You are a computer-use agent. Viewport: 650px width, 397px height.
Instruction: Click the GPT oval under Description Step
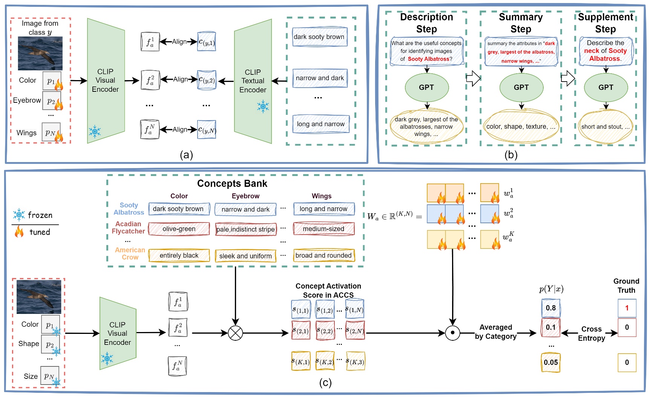click(426, 87)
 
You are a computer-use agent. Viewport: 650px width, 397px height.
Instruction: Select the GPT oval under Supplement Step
click(606, 87)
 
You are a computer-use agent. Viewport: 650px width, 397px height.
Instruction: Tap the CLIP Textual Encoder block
click(253, 81)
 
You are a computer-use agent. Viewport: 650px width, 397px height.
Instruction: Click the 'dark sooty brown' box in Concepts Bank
click(179, 209)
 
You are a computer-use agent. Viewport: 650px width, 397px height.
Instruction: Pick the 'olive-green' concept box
click(179, 229)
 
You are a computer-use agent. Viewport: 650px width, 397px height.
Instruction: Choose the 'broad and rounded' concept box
click(323, 255)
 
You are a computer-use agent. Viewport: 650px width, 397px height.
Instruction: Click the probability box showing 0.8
click(550, 308)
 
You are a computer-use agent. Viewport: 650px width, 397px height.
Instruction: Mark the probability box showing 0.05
click(550, 362)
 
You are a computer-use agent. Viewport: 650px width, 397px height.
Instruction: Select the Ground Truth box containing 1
click(627, 308)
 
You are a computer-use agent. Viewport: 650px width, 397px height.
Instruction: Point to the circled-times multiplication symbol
click(235, 333)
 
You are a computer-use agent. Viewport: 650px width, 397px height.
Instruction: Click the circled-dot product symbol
click(452, 333)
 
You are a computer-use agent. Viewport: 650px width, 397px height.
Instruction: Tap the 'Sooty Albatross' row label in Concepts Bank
click(129, 209)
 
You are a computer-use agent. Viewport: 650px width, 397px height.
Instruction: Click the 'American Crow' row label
click(130, 253)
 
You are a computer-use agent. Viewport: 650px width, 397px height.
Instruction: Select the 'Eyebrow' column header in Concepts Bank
click(245, 196)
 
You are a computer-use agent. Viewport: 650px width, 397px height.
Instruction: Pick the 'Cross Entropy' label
click(591, 334)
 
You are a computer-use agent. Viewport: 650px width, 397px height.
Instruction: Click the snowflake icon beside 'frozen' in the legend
click(19, 215)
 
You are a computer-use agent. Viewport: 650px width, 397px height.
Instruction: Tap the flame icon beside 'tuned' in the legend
click(19, 232)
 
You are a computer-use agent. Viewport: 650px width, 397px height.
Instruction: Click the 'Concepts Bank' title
click(232, 184)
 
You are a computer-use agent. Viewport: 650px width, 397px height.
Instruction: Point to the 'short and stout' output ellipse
click(605, 127)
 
